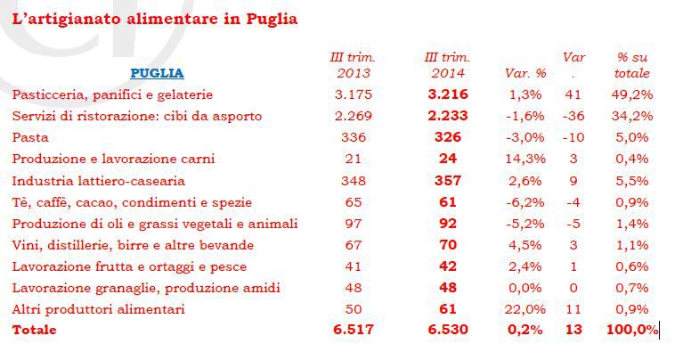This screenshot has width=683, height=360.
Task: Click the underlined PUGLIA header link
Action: [157, 73]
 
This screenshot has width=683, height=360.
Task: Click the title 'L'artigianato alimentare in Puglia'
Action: [155, 19]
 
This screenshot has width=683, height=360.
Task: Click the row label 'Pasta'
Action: [29, 137]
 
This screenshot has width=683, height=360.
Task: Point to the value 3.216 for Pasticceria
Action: [447, 94]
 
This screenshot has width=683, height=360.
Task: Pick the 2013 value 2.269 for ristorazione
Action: [354, 116]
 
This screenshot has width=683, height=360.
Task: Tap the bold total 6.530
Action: [447, 330]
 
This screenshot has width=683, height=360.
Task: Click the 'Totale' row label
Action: [35, 330]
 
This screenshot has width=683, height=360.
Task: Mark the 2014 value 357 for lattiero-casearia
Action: [447, 180]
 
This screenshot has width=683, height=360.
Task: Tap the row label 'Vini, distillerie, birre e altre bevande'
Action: [133, 244]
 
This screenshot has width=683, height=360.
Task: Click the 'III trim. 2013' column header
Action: [354, 65]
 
